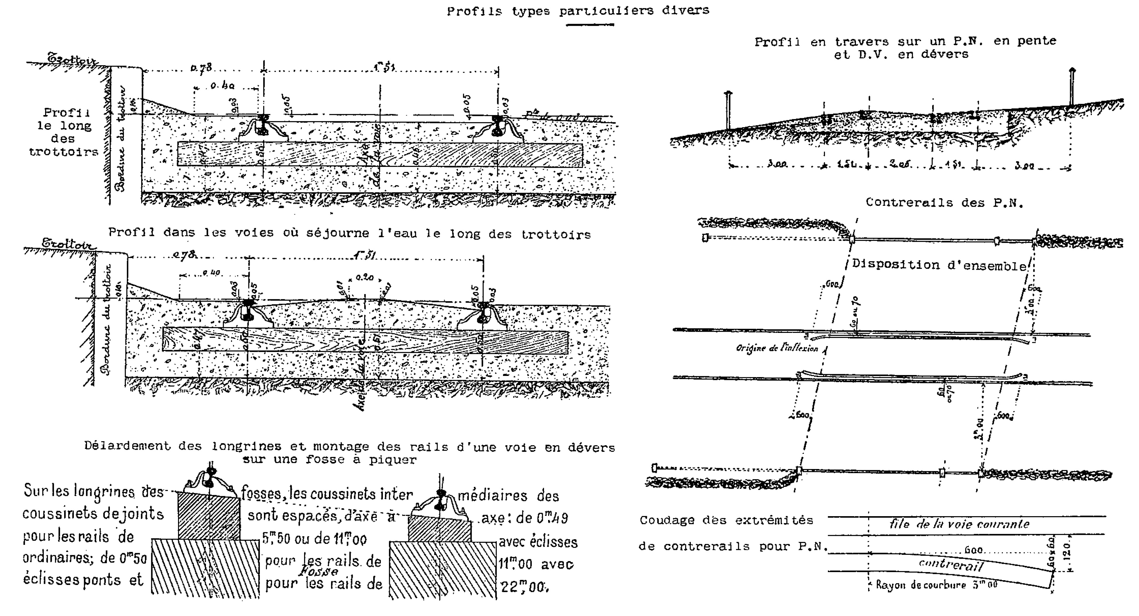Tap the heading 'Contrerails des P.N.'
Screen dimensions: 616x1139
click(944, 203)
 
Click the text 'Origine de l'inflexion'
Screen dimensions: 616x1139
click(777, 348)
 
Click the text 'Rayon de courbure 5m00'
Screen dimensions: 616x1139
click(937, 585)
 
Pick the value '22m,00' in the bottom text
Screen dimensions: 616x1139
click(524, 587)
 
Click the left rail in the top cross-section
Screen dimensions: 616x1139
click(264, 125)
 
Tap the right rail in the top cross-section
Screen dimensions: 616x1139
click(498, 125)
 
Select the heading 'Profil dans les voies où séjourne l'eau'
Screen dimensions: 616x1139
click(349, 233)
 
